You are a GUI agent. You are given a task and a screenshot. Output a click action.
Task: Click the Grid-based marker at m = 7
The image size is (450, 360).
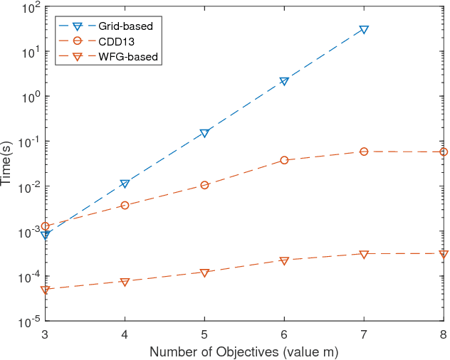pyautogui.click(x=364, y=30)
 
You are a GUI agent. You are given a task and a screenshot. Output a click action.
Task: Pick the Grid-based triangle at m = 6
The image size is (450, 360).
pyautogui.click(x=284, y=81)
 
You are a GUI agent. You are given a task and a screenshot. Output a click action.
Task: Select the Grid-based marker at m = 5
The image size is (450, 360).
pyautogui.click(x=204, y=133)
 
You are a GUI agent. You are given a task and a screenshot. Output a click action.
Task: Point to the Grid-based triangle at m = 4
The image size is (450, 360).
pyautogui.click(x=125, y=184)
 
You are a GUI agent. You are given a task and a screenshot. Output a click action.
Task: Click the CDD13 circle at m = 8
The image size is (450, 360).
pyautogui.click(x=444, y=152)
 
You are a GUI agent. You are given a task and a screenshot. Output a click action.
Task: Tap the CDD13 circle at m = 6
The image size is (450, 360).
pyautogui.click(x=284, y=160)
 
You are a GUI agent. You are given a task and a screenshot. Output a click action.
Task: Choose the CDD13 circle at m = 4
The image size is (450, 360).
pyautogui.click(x=125, y=205)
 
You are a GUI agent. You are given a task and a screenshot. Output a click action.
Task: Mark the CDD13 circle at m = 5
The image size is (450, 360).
pyautogui.click(x=204, y=185)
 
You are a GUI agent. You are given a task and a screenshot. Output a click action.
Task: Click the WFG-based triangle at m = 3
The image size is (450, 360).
pyautogui.click(x=45, y=290)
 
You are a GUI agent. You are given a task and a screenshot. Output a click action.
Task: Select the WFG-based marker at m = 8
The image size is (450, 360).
pyautogui.click(x=444, y=253)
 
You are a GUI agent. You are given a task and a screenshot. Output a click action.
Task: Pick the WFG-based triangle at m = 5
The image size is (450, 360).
pyautogui.click(x=204, y=272)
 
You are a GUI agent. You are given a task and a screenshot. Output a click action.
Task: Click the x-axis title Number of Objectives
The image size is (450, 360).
pyautogui.click(x=244, y=351)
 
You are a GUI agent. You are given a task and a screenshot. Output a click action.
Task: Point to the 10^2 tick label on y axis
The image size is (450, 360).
pyautogui.click(x=31, y=9)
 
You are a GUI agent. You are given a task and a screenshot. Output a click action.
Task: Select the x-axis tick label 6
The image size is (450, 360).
pyautogui.click(x=284, y=334)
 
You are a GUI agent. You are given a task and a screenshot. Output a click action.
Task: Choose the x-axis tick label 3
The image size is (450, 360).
pyautogui.click(x=45, y=334)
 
